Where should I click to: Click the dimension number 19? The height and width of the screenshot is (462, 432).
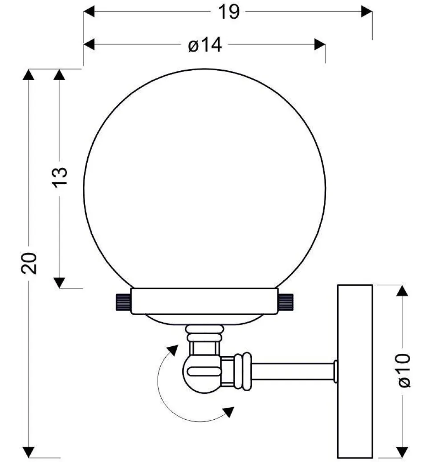(229, 12)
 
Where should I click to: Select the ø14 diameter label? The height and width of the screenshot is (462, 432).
(204, 45)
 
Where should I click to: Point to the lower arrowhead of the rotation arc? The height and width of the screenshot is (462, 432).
(229, 411)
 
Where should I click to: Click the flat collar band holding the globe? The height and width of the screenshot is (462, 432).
(204, 301)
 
